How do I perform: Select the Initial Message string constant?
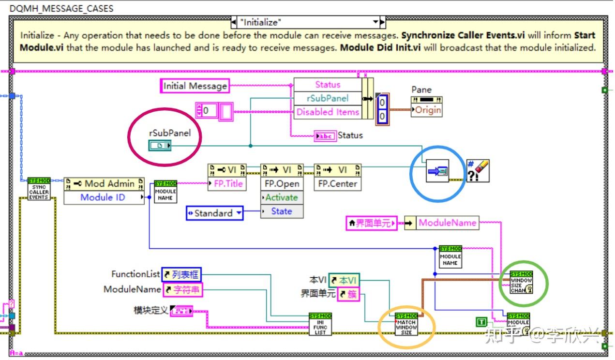[x=195, y=86]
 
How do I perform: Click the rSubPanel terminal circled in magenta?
[x=160, y=145]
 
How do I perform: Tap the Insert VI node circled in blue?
[x=437, y=171]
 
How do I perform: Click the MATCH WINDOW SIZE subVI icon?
[x=406, y=325]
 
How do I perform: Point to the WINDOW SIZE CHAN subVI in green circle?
[x=521, y=283]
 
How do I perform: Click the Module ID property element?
[x=103, y=197]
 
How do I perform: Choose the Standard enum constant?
[x=214, y=213]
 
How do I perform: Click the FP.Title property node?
[x=227, y=184]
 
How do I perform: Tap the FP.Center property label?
[x=337, y=184]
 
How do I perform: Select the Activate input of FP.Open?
[x=282, y=197]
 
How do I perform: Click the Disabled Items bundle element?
[x=328, y=112]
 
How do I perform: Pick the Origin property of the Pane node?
[x=428, y=110]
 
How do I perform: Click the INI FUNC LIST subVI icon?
[x=320, y=324]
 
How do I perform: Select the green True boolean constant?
[x=481, y=322]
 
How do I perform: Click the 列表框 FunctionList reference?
[x=181, y=274]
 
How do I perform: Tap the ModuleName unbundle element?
[x=447, y=223]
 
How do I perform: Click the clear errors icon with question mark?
[x=477, y=171]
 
